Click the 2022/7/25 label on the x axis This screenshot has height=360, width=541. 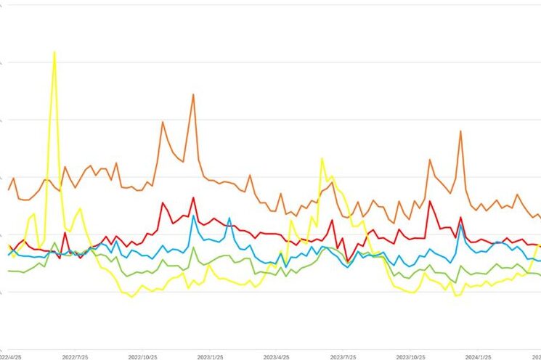[x=75, y=356]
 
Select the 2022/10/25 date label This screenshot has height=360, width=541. [x=143, y=356]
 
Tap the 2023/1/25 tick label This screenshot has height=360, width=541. [x=211, y=356]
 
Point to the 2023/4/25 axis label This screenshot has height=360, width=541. [x=276, y=356]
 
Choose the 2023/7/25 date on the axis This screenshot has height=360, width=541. [x=345, y=356]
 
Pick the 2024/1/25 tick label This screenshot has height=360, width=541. [x=479, y=356]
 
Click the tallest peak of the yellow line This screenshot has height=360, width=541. [x=54, y=52]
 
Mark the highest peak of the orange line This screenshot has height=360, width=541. [x=193, y=94]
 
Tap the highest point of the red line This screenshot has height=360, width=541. [x=193, y=197]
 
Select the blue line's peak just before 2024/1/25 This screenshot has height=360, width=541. [x=460, y=224]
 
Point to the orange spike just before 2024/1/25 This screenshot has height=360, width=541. [x=460, y=131]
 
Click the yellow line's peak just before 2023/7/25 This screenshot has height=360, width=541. [x=322, y=158]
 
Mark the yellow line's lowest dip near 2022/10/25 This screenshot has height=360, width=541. [x=131, y=296]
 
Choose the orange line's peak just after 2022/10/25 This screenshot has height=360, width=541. [x=162, y=122]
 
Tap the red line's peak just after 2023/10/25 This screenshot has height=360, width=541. [x=430, y=201]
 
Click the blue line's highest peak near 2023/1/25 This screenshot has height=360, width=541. [x=193, y=216]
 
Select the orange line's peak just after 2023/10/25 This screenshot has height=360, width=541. [x=430, y=160]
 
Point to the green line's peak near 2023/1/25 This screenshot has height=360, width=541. [x=193, y=248]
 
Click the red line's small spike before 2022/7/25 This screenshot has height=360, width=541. [x=65, y=233]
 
